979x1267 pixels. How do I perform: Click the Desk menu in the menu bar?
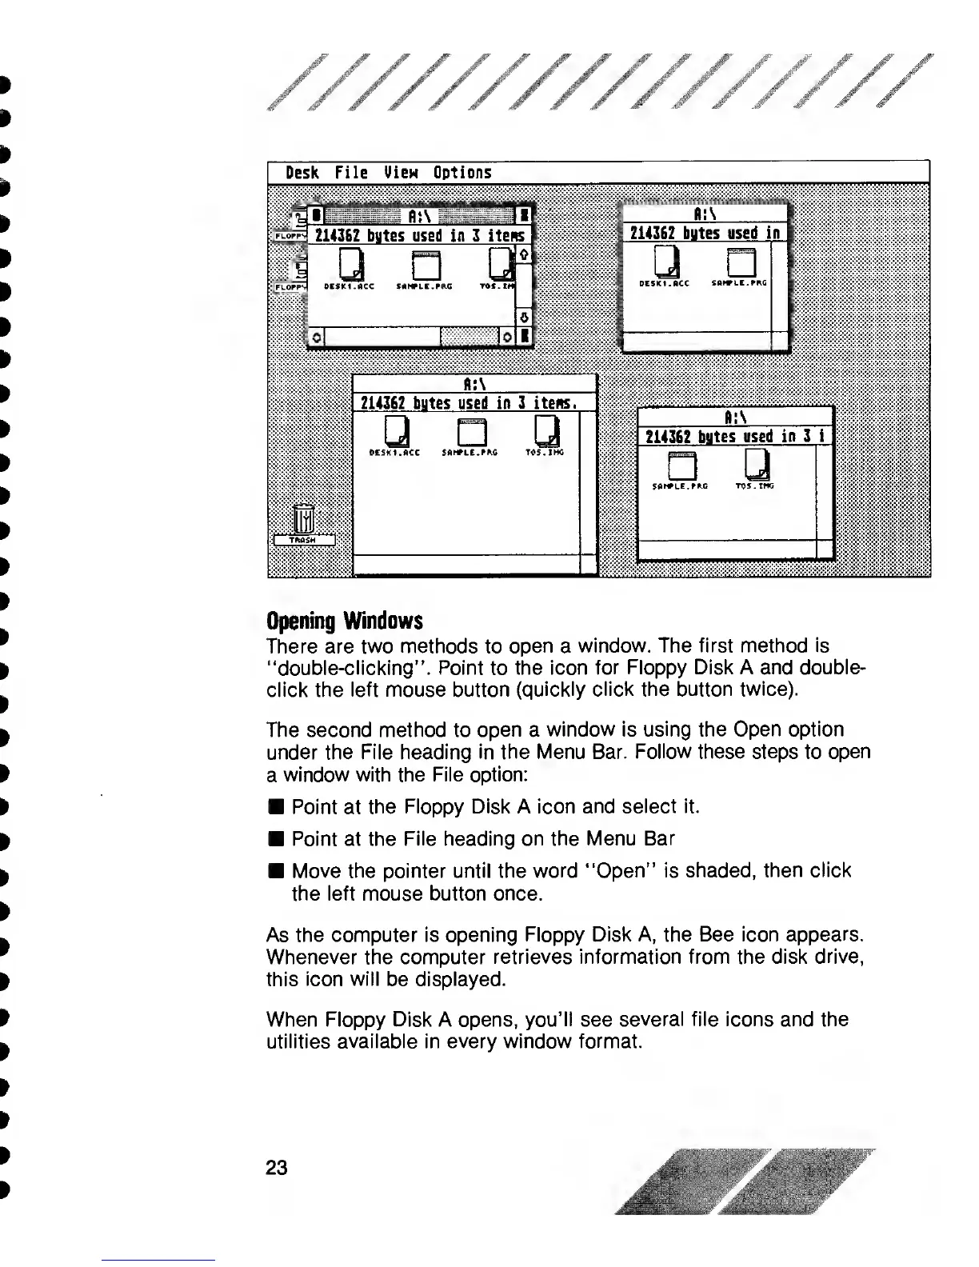pos(302,172)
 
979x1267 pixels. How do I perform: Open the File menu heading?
pos(351,172)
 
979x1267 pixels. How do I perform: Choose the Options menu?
pos(462,172)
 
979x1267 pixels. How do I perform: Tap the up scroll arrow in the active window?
pos(525,254)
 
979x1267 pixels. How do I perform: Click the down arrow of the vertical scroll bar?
pos(525,318)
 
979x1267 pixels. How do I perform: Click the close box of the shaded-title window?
pos(316,214)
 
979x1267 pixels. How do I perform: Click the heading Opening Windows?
pos(344,621)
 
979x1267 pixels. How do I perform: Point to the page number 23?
pos(276,1167)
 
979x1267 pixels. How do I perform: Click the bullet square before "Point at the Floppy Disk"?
pos(274,807)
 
